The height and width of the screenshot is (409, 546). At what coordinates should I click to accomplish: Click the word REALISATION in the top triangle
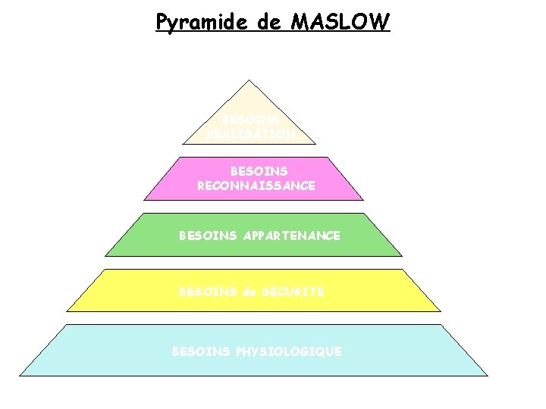point(250,133)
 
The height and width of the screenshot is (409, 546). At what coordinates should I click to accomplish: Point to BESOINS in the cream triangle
point(250,120)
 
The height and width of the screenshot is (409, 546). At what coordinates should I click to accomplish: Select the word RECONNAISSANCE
point(256,186)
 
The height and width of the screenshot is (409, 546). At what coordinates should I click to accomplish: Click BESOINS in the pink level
point(259,172)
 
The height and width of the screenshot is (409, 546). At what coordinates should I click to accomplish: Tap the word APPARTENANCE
point(293,236)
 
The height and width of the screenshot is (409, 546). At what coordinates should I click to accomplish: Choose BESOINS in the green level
point(209,236)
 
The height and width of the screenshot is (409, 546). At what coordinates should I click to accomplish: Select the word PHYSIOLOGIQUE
point(290,351)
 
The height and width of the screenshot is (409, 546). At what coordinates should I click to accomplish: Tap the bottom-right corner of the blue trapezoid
point(487,374)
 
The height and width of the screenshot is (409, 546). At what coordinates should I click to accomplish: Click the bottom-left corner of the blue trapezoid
point(20,374)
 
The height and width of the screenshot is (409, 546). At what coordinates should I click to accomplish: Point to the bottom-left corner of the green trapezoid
point(105,255)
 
